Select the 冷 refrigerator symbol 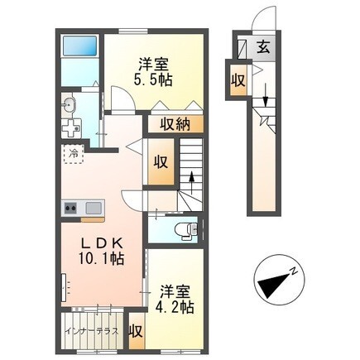pyautogui.click(x=74, y=153)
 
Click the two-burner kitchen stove pyautogui.click(x=69, y=208)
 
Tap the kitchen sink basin pyautogui.click(x=91, y=208)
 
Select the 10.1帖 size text pyautogui.click(x=103, y=259)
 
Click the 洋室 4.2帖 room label pyautogui.click(x=175, y=299)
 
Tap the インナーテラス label pyautogui.click(x=92, y=333)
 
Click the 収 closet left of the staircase pyautogui.click(x=161, y=161)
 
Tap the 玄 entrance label pyautogui.click(x=262, y=47)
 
